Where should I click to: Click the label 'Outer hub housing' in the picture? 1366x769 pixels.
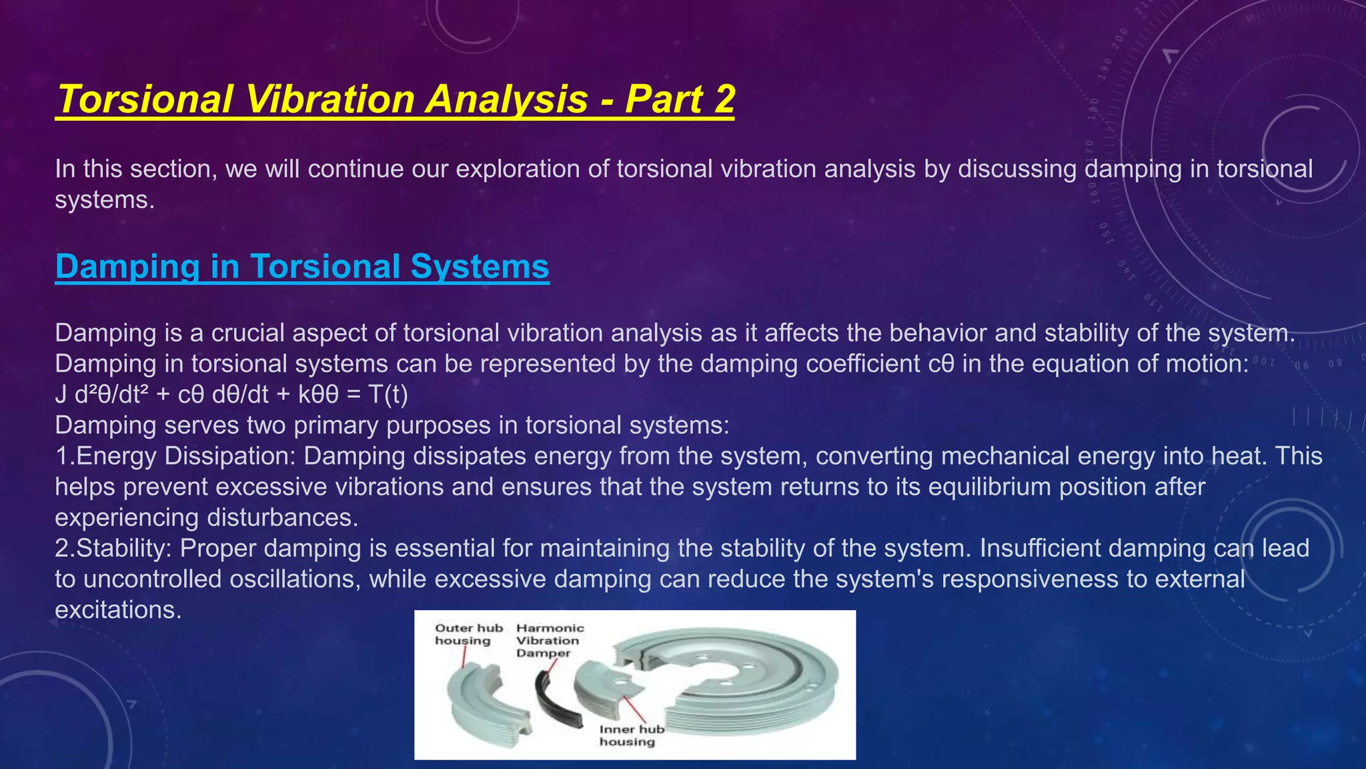tap(468, 634)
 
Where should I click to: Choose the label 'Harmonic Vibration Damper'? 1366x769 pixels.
tap(549, 640)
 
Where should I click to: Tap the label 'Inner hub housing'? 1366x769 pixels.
tap(630, 735)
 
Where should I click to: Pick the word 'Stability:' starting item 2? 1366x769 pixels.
tap(124, 548)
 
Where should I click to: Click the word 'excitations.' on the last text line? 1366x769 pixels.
tap(118, 609)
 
